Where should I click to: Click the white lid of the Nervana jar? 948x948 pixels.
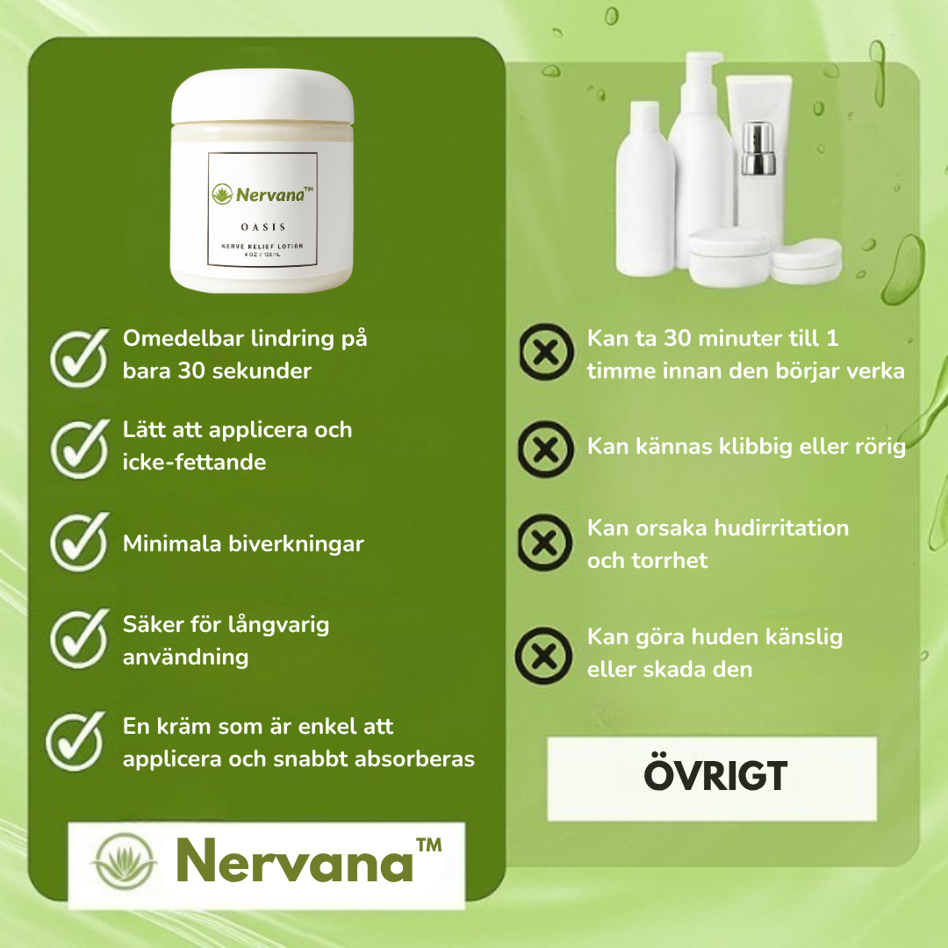tap(262, 97)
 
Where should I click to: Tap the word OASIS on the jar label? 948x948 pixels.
tap(263, 226)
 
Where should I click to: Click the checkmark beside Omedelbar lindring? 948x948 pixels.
tap(79, 357)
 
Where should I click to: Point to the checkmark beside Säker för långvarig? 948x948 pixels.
tap(79, 638)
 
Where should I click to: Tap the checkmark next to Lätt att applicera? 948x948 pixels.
tap(79, 449)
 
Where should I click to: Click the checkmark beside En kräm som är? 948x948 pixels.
tap(75, 741)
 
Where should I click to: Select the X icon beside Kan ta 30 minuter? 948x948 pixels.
tap(547, 352)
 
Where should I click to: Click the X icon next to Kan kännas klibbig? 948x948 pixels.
tap(546, 449)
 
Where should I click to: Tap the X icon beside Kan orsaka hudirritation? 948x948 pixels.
tap(545, 542)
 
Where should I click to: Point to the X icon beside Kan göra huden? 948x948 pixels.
tap(543, 656)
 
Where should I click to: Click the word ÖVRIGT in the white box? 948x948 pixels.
tap(715, 775)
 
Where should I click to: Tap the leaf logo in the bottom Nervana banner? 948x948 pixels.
tap(124, 862)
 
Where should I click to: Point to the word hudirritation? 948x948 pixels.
tap(781, 528)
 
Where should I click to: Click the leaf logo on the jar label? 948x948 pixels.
tap(222, 194)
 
